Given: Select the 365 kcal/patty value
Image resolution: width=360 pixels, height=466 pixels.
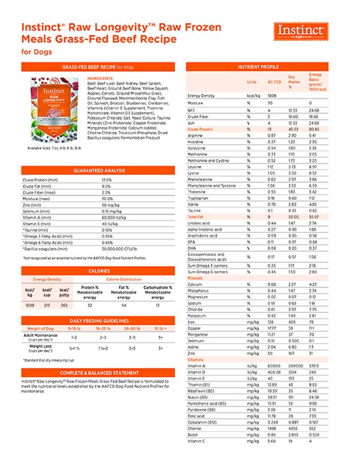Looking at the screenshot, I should coord(64,305).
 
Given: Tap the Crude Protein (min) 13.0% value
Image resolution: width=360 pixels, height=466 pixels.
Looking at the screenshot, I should coord(107,180).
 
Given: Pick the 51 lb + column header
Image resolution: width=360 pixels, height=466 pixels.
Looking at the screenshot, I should coord(160,329).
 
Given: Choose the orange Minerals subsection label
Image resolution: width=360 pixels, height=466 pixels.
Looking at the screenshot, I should coord(195,278).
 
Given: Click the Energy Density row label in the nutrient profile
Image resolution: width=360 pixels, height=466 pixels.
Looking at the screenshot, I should coord(202,95).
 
